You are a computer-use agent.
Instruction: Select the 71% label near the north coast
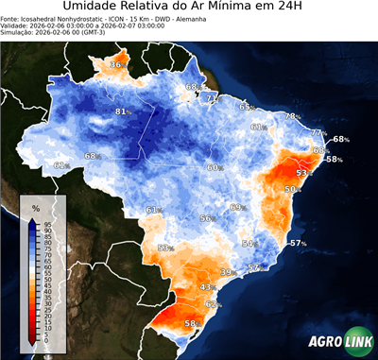tap(213, 98)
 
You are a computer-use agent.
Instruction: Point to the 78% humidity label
tap(292, 116)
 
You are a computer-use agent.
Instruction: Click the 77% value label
tap(318, 133)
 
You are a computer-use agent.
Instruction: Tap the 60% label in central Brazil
tap(215, 167)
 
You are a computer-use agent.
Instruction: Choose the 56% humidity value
tap(207, 218)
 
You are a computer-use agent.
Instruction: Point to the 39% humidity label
tap(227, 272)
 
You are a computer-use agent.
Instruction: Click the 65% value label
tap(219, 108)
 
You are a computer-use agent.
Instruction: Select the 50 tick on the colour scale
tap(48, 281)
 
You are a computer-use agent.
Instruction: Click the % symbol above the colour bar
tap(35, 208)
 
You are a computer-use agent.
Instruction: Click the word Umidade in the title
tap(93, 8)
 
